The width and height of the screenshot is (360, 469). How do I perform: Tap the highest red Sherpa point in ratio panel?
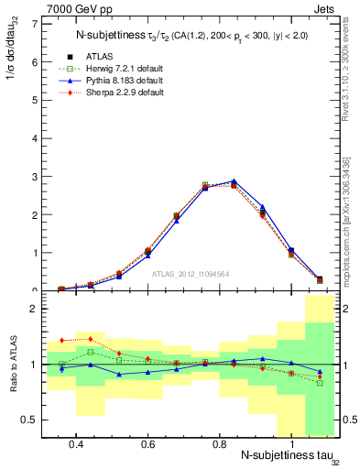(91, 338)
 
